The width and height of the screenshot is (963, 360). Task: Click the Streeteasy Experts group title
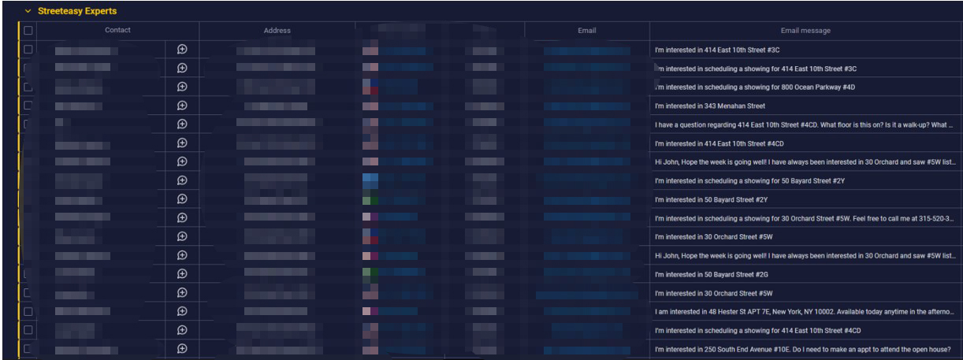(76, 11)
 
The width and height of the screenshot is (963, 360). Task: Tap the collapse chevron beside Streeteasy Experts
(28, 11)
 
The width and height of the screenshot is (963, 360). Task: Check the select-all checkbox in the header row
(28, 31)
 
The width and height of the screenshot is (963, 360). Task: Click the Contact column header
(117, 31)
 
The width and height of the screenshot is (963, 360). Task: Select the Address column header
(277, 31)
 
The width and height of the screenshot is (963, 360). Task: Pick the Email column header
(586, 31)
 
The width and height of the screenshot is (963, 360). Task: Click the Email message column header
(805, 31)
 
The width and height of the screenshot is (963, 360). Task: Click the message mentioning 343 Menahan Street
(710, 106)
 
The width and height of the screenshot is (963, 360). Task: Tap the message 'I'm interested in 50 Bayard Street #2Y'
(710, 199)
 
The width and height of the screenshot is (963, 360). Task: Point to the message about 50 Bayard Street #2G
(710, 274)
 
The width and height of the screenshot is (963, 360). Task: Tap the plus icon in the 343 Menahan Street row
(182, 106)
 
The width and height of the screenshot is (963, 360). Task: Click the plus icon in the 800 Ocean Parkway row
(182, 87)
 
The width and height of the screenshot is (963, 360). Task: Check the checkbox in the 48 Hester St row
(28, 311)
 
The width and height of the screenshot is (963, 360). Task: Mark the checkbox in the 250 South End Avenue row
(28, 349)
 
